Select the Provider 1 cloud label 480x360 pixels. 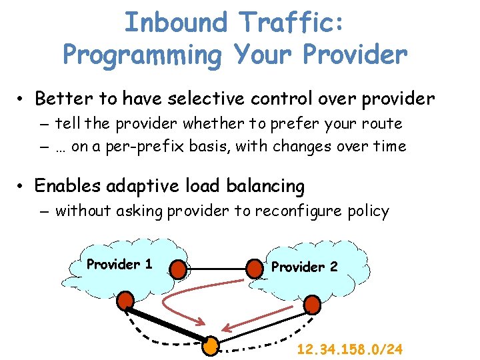point(119,264)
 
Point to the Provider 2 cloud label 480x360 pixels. point(304,267)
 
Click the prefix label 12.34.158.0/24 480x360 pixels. point(351,349)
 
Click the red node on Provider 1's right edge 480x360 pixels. point(178,269)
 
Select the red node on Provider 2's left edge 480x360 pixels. point(255,269)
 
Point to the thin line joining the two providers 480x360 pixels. point(216,269)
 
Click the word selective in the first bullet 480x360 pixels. point(205,99)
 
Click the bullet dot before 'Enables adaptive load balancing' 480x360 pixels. point(22,187)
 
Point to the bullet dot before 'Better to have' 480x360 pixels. point(22,101)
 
